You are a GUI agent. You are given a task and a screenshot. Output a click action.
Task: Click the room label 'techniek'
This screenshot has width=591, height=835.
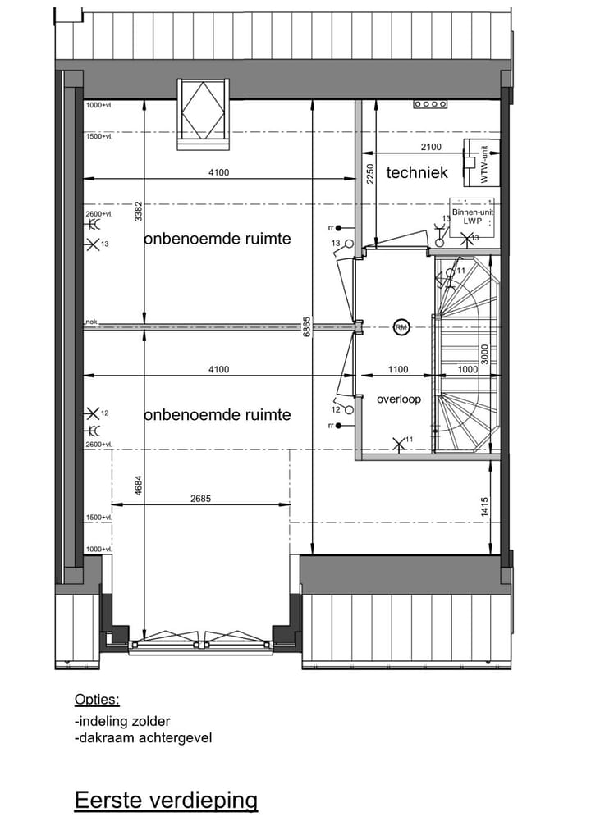coord(417,172)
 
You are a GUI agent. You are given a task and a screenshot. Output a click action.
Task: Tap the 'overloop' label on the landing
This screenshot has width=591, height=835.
coord(399,399)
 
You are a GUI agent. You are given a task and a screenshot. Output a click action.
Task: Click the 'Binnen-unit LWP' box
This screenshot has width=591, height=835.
coord(473,217)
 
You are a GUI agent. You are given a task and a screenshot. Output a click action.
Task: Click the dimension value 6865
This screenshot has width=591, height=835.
coord(306,327)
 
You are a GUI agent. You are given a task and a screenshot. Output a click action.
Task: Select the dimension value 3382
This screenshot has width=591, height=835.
coord(139,212)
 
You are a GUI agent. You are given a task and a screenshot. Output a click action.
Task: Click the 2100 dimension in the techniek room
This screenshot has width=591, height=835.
coord(430,147)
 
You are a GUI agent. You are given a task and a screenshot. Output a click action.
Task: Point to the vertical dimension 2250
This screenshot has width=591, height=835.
coord(370,174)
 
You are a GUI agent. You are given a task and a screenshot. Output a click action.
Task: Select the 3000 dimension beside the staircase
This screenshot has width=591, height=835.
coord(485,354)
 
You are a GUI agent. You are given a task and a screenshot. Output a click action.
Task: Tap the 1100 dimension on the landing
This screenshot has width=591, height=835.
coord(397,370)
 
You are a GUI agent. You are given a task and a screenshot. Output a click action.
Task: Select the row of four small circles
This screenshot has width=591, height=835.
coord(430,104)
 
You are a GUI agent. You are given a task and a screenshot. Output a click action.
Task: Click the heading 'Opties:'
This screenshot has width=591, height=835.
coord(97,700)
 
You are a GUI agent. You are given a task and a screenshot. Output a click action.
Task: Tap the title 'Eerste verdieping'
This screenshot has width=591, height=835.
coord(166,800)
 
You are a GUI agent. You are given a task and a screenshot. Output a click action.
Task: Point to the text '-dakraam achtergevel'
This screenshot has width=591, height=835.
coord(143,737)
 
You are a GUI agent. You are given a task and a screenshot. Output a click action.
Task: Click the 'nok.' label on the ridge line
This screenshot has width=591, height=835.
coord(92,322)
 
